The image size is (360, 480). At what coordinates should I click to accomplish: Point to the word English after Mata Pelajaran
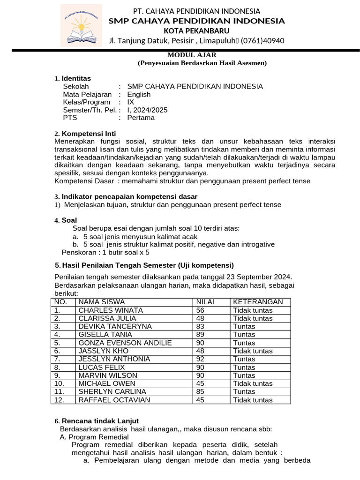(139, 94)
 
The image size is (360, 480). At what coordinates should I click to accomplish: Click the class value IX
(131, 102)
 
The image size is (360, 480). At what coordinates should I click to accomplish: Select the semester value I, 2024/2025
(147, 110)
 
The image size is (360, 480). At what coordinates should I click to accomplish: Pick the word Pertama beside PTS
(141, 118)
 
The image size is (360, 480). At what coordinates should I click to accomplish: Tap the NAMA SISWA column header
(101, 302)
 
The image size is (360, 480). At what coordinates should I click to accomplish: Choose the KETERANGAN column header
(258, 302)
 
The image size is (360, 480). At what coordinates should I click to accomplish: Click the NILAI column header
(205, 302)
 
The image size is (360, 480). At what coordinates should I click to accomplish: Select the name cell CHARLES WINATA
(111, 310)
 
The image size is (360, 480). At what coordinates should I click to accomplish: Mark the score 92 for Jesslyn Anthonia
(200, 359)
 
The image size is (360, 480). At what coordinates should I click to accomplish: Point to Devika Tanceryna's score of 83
(200, 326)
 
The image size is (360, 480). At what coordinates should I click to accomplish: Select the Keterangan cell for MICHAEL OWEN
(253, 383)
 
